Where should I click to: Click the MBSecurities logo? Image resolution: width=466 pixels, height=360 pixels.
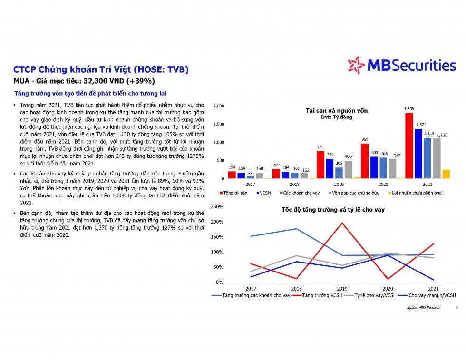[x=401, y=65]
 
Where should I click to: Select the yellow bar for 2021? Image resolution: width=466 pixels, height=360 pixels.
[x=446, y=174]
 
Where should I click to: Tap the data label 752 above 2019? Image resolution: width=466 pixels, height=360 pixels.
[x=320, y=147]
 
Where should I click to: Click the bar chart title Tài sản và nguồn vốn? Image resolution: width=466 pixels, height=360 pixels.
[x=336, y=111]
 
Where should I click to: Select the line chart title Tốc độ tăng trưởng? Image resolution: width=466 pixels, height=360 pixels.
[x=333, y=209]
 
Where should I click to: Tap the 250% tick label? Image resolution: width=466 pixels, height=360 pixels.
[x=217, y=207]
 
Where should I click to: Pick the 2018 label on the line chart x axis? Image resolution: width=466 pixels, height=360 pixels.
[x=296, y=288]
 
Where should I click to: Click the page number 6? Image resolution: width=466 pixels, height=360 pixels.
[x=457, y=307]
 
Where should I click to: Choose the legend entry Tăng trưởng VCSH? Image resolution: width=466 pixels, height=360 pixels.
[x=323, y=295]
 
